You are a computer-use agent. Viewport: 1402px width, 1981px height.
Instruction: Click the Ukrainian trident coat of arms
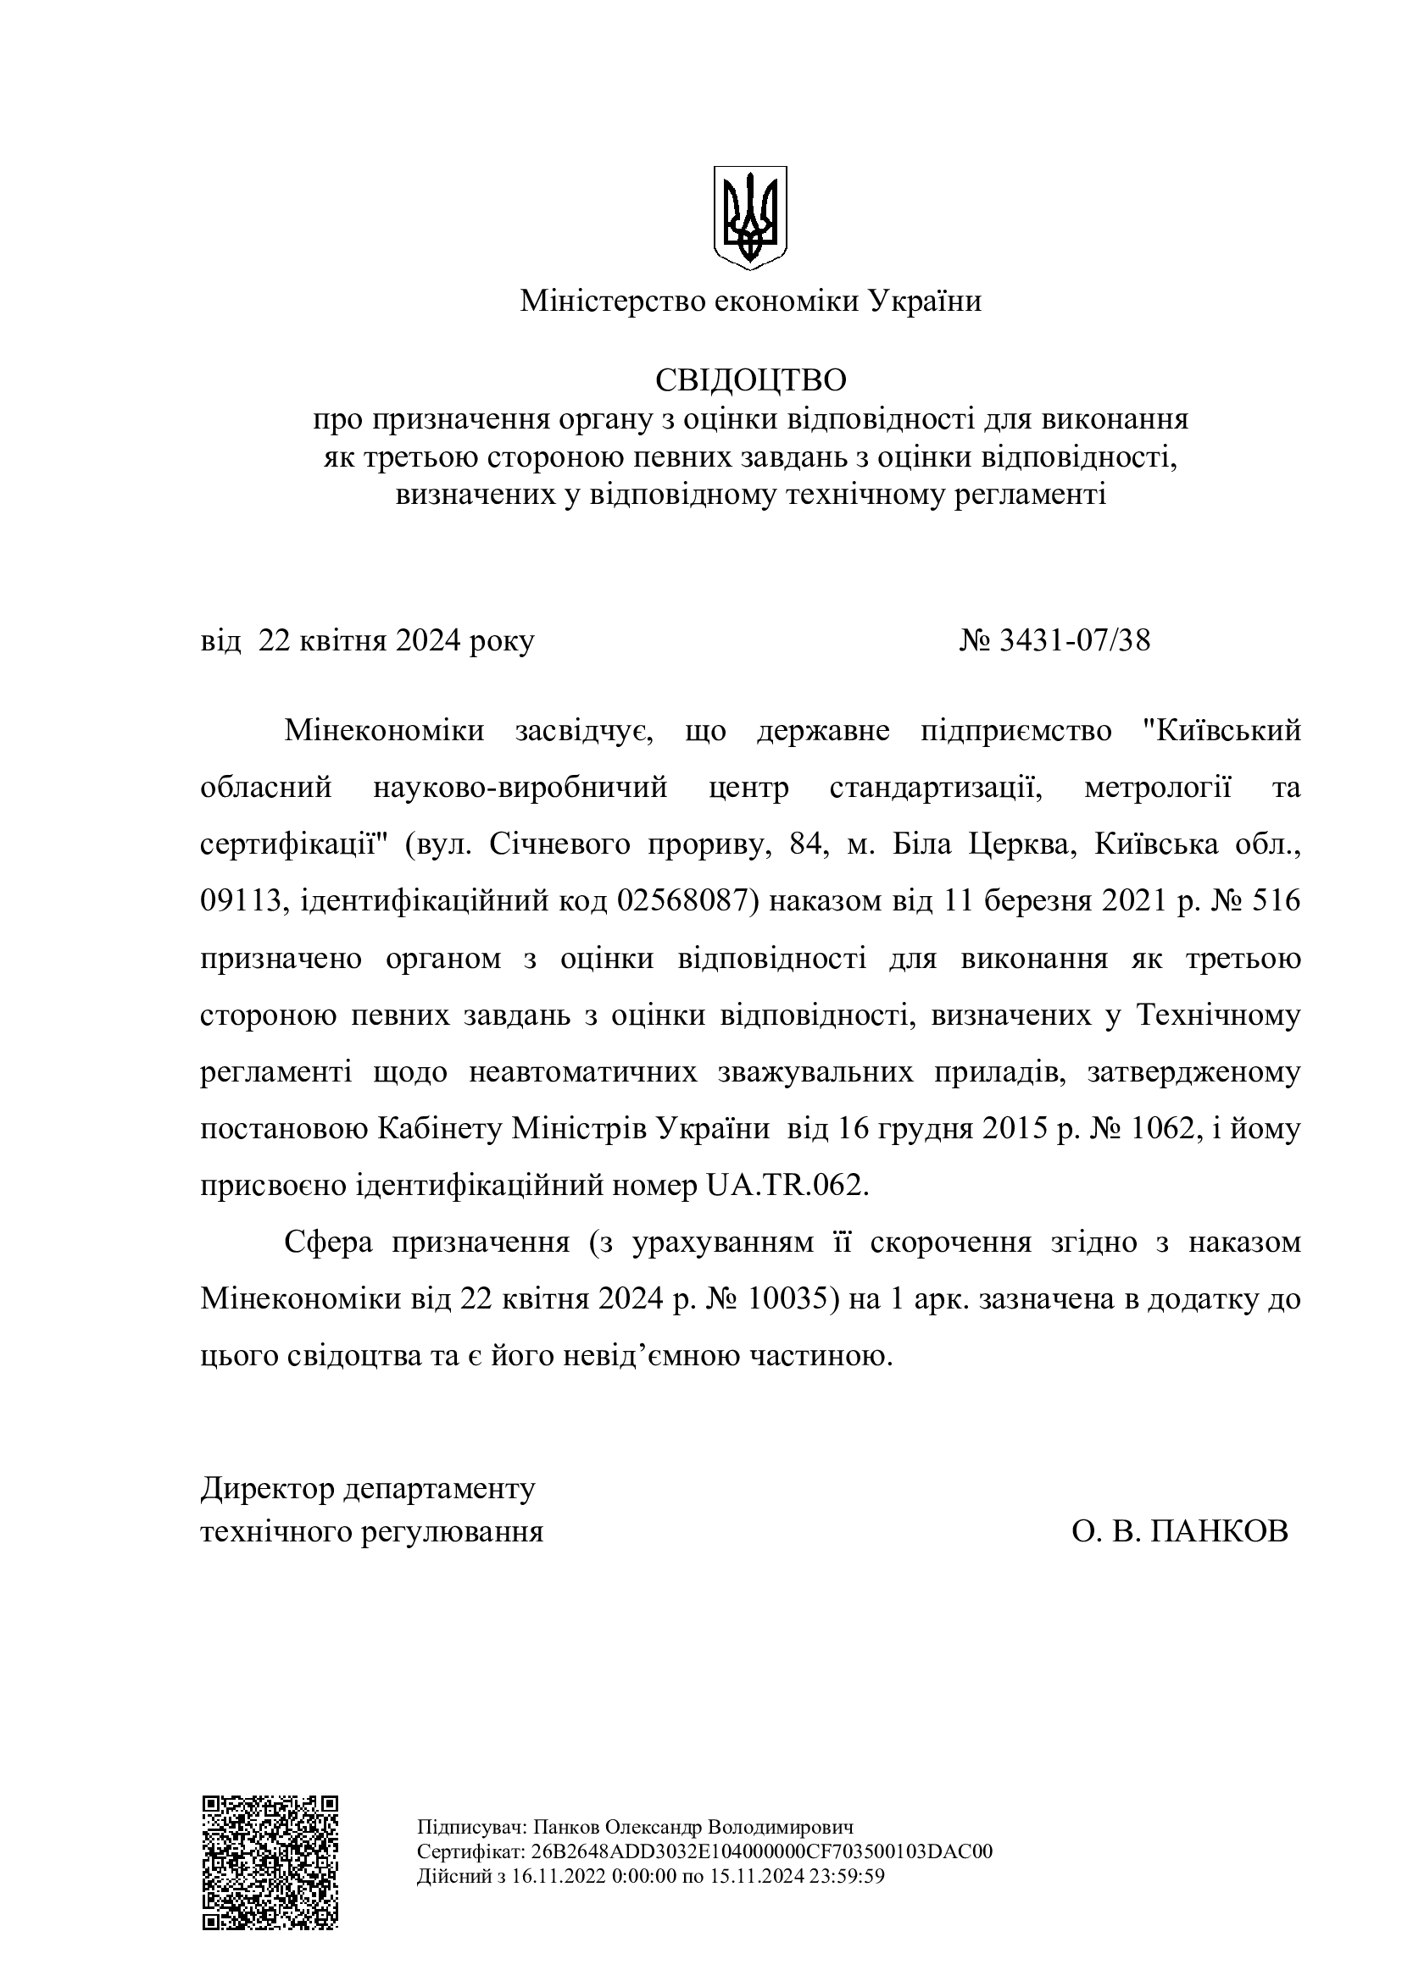[750, 218]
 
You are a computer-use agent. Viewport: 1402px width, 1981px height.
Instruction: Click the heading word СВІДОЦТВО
[750, 379]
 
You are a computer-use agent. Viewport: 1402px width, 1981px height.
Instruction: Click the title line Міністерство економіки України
[750, 302]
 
